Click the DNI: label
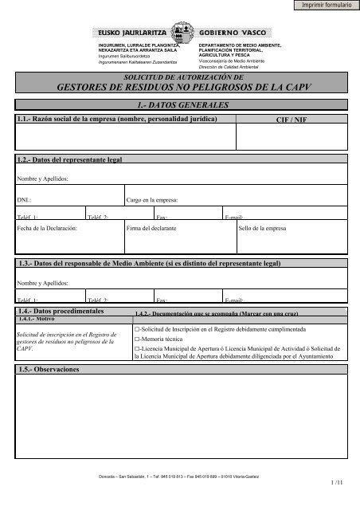click(x=24, y=200)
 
